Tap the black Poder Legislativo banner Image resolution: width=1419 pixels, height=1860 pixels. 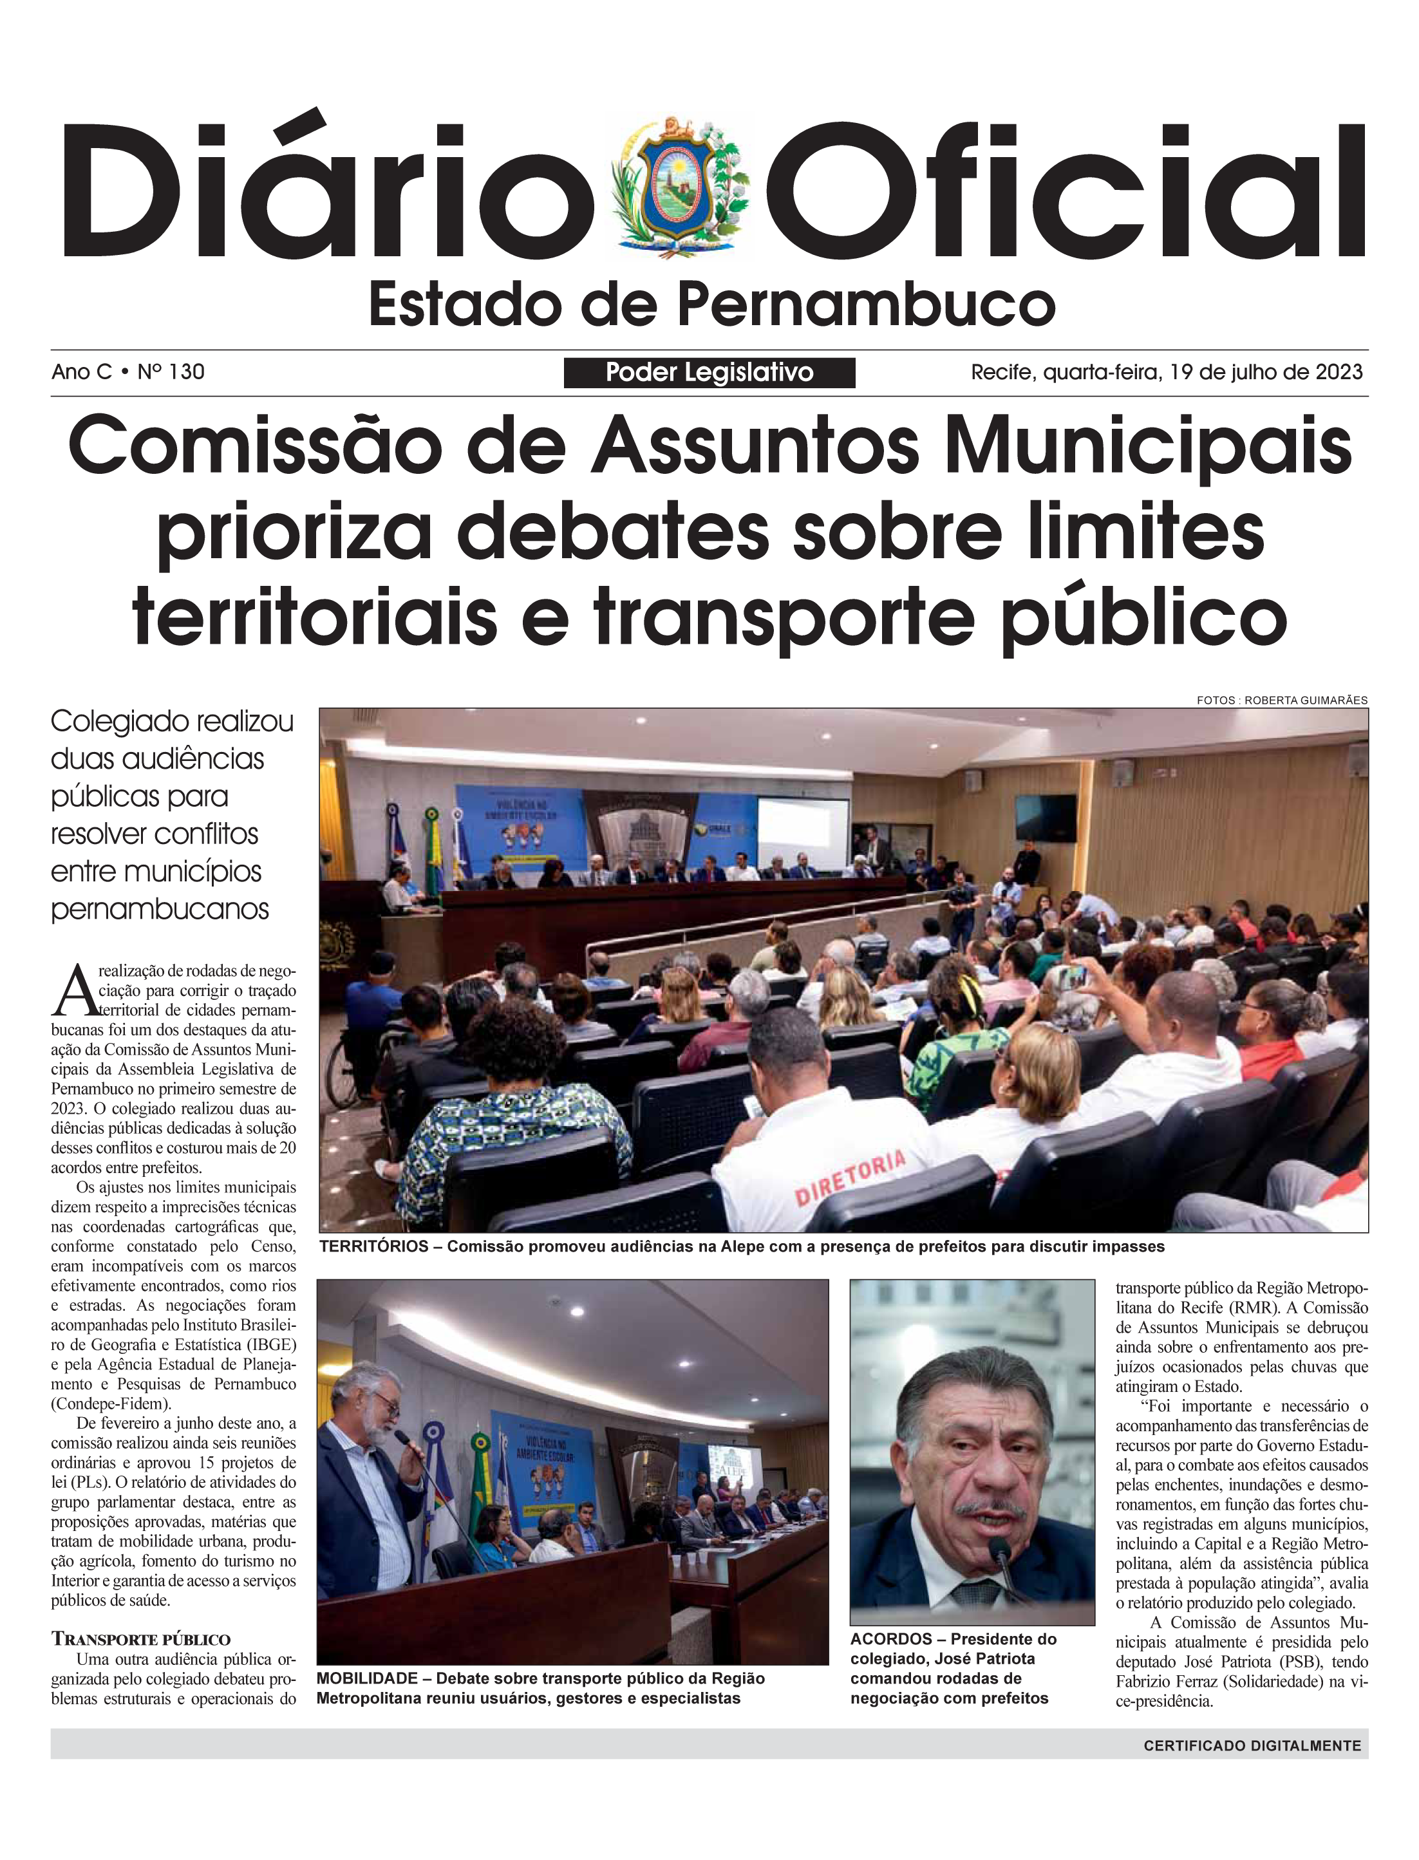(x=709, y=373)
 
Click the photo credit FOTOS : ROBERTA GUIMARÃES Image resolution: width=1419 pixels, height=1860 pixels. (x=1281, y=700)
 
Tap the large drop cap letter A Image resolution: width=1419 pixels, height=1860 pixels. (x=73, y=990)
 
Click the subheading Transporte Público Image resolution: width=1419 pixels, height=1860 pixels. (x=140, y=1640)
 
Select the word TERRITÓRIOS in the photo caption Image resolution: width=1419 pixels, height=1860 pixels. (x=373, y=1246)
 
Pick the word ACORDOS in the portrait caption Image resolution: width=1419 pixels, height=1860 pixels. (x=890, y=1639)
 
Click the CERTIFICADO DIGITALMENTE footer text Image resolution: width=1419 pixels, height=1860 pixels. (x=1252, y=1745)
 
